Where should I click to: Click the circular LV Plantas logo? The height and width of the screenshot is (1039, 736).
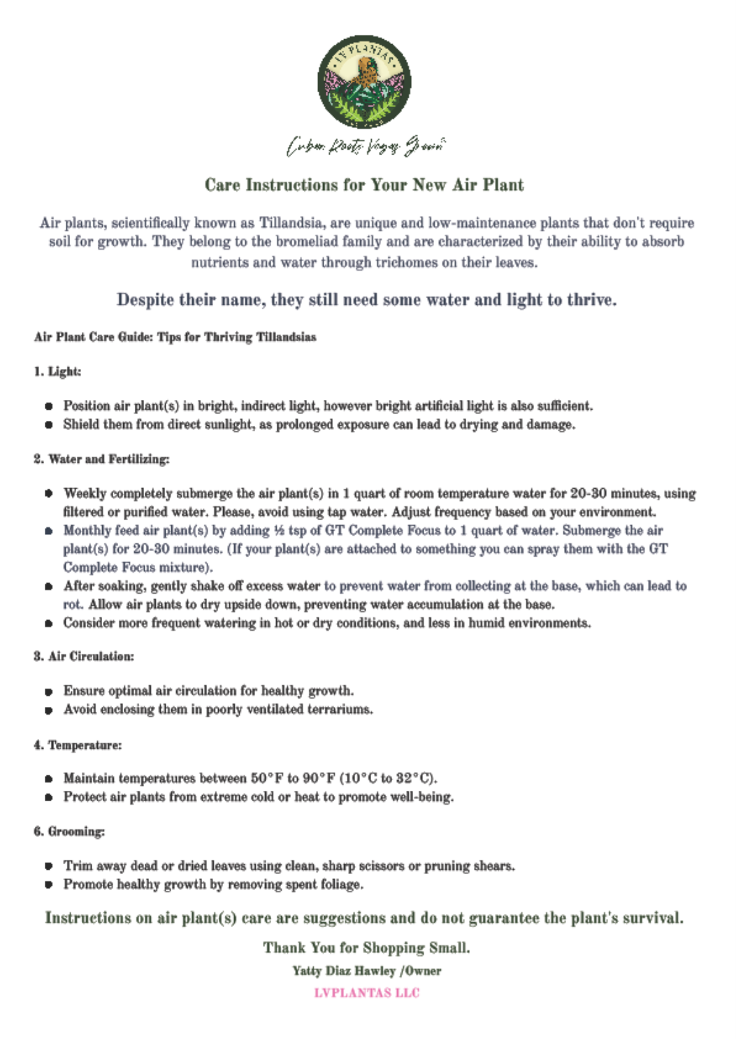364,82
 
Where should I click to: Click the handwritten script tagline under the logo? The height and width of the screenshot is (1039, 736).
366,146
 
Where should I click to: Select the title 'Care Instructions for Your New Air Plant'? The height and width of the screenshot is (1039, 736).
364,185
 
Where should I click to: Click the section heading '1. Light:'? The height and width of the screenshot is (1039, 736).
57,371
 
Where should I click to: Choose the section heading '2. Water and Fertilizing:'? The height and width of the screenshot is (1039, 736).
101,459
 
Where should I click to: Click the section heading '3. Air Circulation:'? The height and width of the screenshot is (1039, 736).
84,657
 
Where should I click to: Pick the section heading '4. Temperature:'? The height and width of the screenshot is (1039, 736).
78,745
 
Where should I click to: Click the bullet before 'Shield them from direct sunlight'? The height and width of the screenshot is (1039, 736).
49,424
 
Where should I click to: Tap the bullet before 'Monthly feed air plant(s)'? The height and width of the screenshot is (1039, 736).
49,531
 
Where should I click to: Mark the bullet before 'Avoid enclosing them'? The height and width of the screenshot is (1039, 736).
49,710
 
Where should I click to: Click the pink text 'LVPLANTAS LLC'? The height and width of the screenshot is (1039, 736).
366,993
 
